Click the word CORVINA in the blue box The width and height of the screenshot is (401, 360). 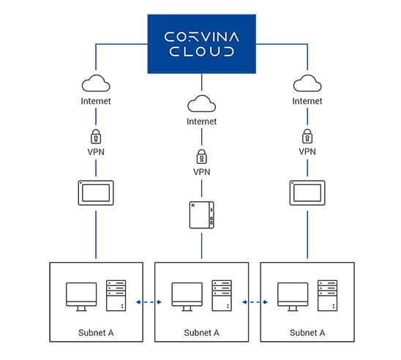pos(201,37)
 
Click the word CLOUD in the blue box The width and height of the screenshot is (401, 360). pos(201,51)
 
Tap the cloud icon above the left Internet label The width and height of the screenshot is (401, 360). pos(96,83)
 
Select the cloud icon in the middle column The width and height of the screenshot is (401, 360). pos(201,103)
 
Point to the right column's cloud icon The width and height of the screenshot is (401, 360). pos(307,83)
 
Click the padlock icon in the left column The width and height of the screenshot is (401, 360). pos(96,137)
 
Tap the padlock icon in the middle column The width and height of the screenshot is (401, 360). pos(201,157)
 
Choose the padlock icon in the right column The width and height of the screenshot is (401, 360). pos(307,136)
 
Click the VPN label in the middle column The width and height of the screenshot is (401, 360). pos(201,172)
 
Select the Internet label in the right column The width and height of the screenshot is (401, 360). pos(307,101)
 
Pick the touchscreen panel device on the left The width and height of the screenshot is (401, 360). pos(96,192)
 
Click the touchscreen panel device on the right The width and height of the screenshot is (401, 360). pos(307,192)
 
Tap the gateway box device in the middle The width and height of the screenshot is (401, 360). pos(201,215)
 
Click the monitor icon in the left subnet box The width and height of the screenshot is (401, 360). pos(81,296)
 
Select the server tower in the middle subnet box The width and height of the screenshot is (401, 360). pos(222,296)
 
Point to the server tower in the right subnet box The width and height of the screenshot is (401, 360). pos(327,296)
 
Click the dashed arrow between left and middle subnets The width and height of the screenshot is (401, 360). pos(149,302)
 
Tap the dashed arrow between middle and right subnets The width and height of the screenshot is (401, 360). pos(255,302)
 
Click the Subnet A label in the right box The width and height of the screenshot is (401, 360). pos(307,333)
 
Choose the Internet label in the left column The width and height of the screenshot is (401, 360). pos(96,101)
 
